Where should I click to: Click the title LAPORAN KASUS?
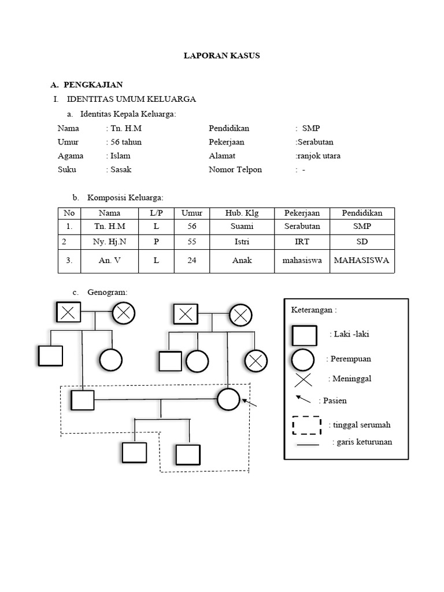tap(221, 56)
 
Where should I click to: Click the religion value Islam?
tap(120, 156)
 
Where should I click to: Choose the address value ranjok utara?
tap(319, 156)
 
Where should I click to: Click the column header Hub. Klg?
tap(242, 213)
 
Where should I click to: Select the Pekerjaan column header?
tap(302, 213)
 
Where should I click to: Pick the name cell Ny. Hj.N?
tap(109, 241)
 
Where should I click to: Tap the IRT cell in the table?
tap(302, 241)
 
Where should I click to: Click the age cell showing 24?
tap(192, 260)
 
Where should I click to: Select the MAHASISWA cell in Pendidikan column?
tap(362, 260)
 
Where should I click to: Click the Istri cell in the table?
tap(242, 241)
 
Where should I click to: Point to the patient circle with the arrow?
tap(228, 399)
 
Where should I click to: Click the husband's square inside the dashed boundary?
tap(82, 400)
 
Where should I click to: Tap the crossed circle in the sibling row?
tap(254, 361)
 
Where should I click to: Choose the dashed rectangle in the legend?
tap(307, 425)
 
